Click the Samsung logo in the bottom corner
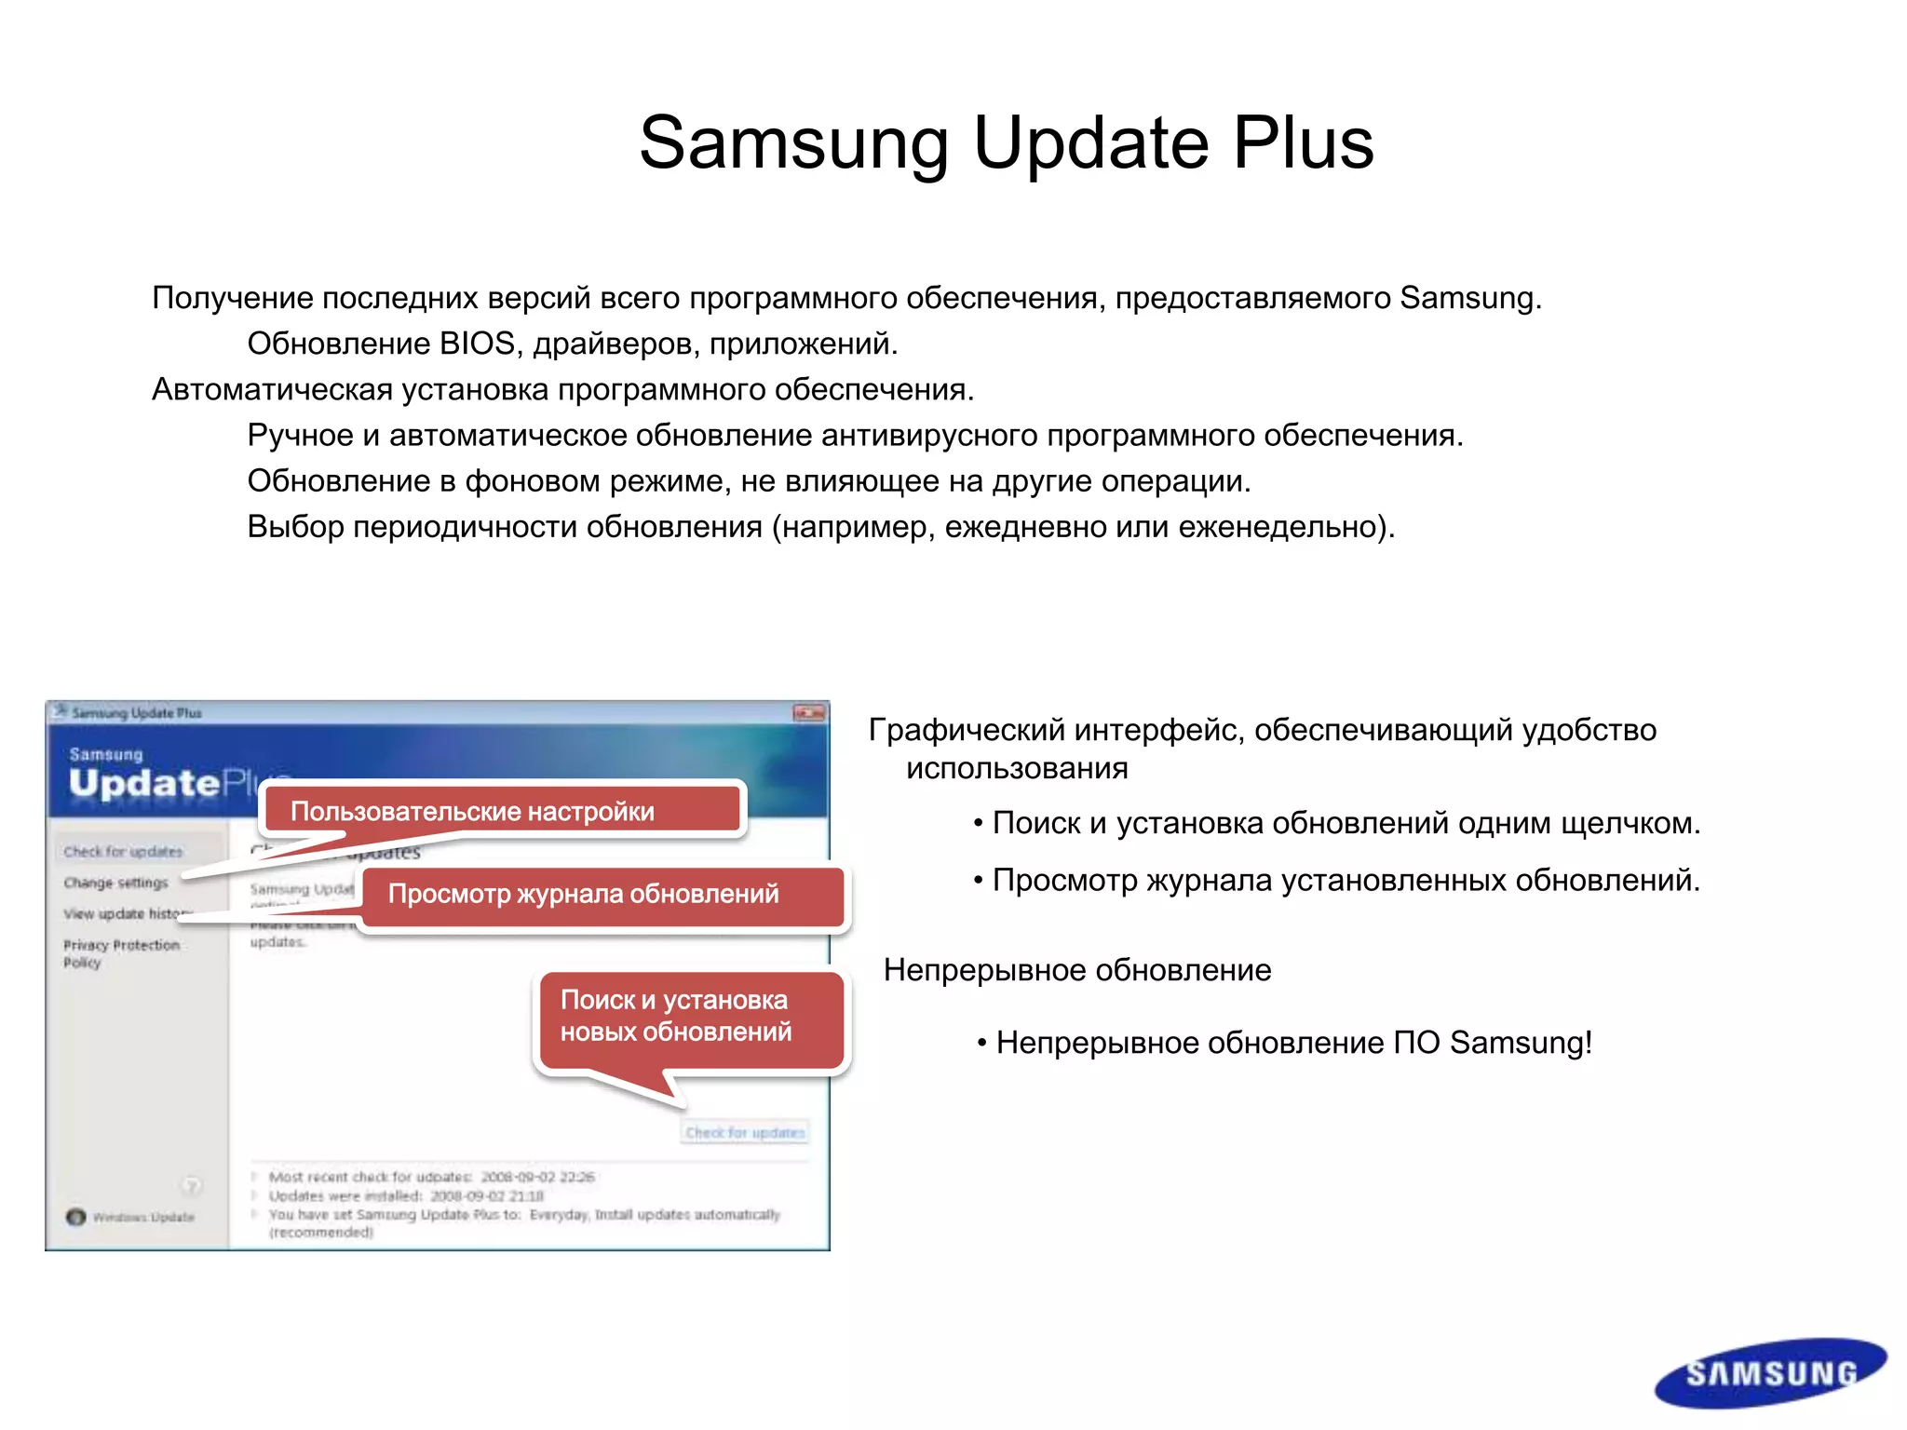point(1770,1373)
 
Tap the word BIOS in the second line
point(477,344)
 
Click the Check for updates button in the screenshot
point(745,1132)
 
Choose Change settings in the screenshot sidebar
point(116,883)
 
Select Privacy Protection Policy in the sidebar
point(121,953)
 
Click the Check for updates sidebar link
point(124,851)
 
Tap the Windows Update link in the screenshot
point(142,1217)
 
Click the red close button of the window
point(808,713)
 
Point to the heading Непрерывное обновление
point(1077,970)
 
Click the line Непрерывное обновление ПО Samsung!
point(1292,1043)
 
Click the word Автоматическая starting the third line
point(272,389)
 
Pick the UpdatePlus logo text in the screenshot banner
point(168,782)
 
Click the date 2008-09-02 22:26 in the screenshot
point(537,1177)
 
